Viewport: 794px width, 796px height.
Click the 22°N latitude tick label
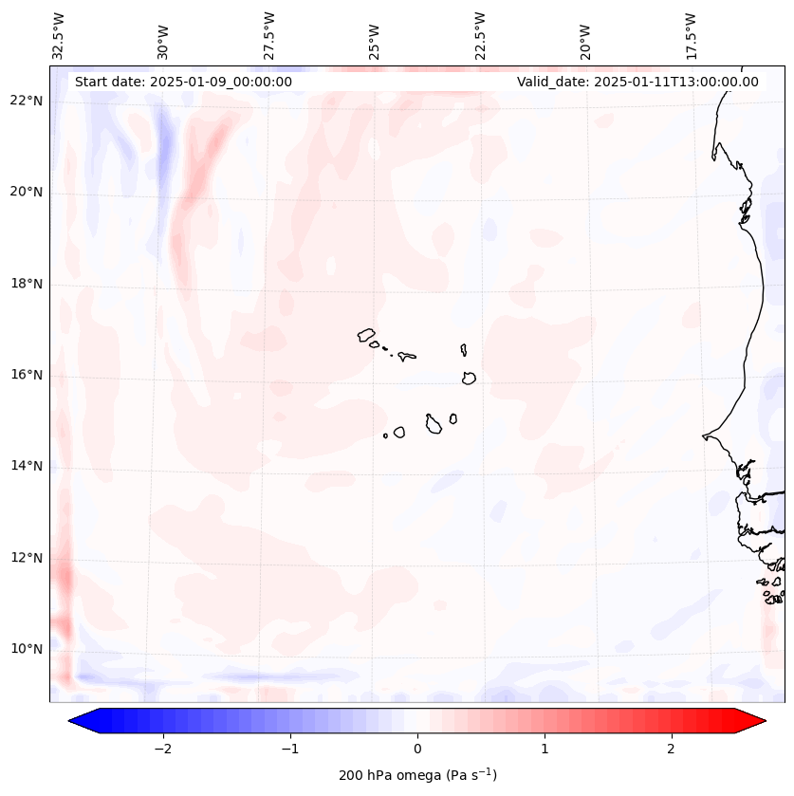point(27,101)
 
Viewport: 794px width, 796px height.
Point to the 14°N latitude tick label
point(27,466)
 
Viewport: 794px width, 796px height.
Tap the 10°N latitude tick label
point(27,649)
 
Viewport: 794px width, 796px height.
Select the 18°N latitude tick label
point(27,284)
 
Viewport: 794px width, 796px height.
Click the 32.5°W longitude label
point(59,35)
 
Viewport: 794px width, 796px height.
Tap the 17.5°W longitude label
point(692,35)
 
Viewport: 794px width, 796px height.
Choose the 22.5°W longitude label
point(480,35)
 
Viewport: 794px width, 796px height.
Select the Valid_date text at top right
point(637,82)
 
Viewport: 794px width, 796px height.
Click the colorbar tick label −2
point(162,749)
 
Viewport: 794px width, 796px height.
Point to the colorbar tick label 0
point(417,749)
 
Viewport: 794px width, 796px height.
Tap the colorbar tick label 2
point(672,749)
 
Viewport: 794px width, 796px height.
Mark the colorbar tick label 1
point(545,749)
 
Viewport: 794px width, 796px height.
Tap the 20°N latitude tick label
point(27,192)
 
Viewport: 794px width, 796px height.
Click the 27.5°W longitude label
point(269,35)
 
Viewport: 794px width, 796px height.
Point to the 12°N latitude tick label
point(27,558)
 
